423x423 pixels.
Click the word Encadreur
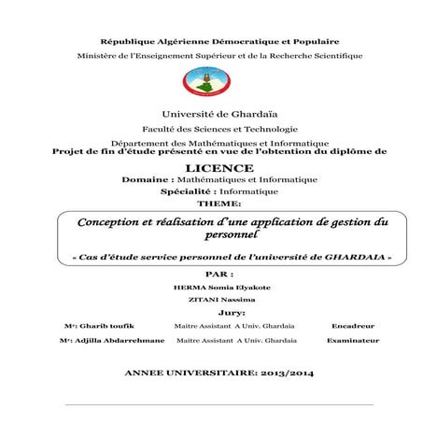[x=352, y=327]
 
